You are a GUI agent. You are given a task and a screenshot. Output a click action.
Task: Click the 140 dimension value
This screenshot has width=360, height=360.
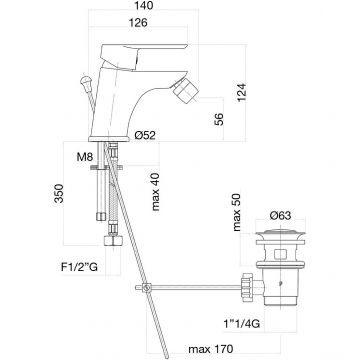click(x=144, y=5)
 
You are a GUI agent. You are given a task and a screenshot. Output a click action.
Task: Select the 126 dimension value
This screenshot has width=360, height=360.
click(x=138, y=23)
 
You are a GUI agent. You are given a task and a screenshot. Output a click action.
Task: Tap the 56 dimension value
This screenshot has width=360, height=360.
click(x=218, y=119)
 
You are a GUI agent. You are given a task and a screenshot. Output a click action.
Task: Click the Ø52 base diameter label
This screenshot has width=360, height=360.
click(x=145, y=135)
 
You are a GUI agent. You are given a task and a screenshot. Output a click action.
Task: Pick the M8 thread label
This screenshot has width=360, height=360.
click(x=84, y=157)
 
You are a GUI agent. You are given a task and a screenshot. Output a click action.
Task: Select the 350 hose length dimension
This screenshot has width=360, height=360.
click(x=59, y=193)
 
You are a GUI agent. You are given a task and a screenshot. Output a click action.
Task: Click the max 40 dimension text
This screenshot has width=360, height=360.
click(x=155, y=192)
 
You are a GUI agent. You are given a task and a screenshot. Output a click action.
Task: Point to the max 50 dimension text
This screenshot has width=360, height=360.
click(x=237, y=213)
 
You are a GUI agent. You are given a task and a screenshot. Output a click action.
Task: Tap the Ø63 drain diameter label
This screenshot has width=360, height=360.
click(x=280, y=216)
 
